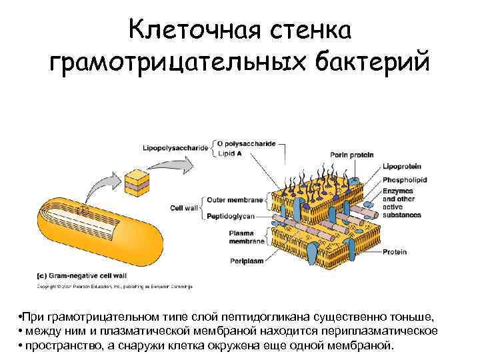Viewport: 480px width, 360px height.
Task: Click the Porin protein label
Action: point(353,155)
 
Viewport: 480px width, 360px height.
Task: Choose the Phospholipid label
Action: point(405,179)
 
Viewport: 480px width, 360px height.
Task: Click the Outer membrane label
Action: point(235,199)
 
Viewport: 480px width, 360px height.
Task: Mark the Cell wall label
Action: point(183,208)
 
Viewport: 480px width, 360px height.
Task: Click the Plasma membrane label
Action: point(241,237)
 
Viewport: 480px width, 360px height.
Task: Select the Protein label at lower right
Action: point(394,252)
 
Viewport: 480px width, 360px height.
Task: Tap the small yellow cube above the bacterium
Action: point(137,183)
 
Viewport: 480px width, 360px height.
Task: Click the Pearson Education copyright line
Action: point(113,287)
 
